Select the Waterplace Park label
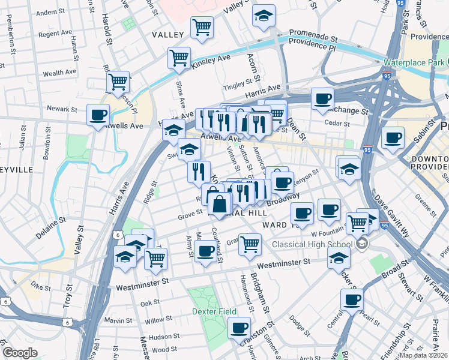[x=414, y=62]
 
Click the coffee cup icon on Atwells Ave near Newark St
[x=98, y=115]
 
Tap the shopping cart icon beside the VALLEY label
[x=202, y=26]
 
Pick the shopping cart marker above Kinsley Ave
[x=179, y=58]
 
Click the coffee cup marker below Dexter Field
[x=239, y=328]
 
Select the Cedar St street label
[x=337, y=124]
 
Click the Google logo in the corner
[x=20, y=352]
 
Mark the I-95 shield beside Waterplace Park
[x=386, y=76]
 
